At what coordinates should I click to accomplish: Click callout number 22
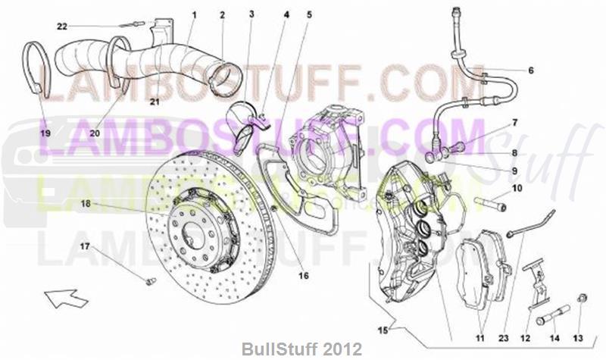coord(62,27)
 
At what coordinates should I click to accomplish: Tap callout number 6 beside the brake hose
coord(530,70)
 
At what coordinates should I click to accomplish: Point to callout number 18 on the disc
coord(86,204)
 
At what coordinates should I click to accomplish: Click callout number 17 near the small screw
coord(85,246)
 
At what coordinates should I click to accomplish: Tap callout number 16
coord(303,276)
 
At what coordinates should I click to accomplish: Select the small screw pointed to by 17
coord(149,282)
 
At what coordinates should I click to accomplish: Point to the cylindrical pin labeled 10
coord(492,204)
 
